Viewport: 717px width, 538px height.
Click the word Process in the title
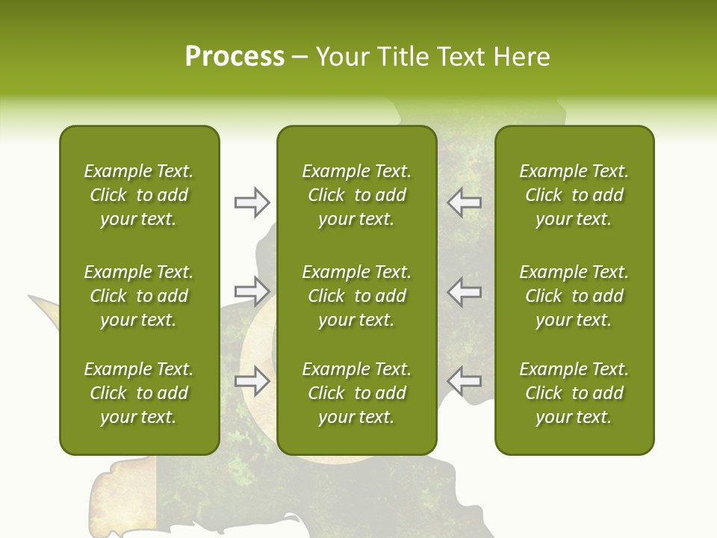click(235, 57)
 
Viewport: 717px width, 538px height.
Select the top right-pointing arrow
click(252, 202)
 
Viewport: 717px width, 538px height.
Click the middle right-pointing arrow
click(252, 291)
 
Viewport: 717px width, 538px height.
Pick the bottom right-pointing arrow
click(252, 380)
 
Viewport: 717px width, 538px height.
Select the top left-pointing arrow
click(464, 202)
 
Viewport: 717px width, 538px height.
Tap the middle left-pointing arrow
click(464, 291)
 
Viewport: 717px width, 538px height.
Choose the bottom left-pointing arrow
click(464, 380)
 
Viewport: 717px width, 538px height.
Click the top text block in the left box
click(139, 195)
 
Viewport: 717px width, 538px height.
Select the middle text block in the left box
click(139, 296)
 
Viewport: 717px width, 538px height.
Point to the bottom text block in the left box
click(139, 393)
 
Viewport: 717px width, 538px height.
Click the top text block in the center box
click(357, 195)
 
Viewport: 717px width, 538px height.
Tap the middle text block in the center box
click(357, 296)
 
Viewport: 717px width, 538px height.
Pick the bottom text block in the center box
click(357, 393)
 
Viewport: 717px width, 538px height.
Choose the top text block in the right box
click(574, 195)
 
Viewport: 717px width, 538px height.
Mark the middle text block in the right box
click(574, 296)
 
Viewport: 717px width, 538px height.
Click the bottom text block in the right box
click(574, 393)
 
